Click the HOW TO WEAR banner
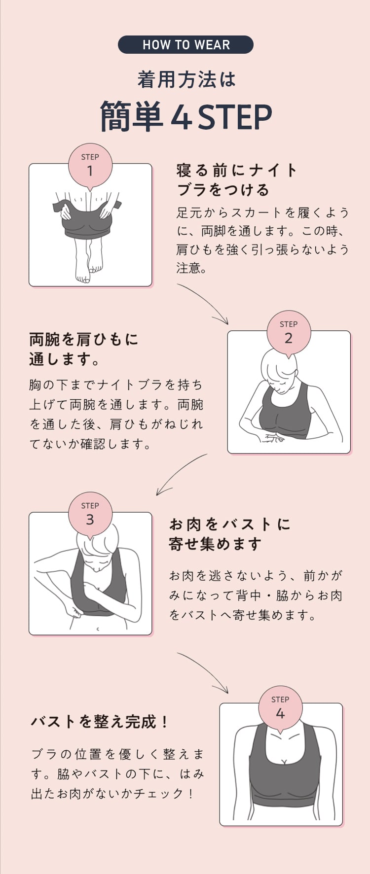[185, 45]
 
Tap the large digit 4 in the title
[182, 117]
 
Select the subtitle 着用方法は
[186, 80]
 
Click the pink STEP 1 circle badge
[90, 166]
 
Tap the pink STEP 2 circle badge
[289, 333]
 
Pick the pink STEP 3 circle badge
[90, 514]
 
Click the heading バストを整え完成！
[100, 722]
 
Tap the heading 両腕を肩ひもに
[84, 339]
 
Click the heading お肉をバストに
[230, 524]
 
